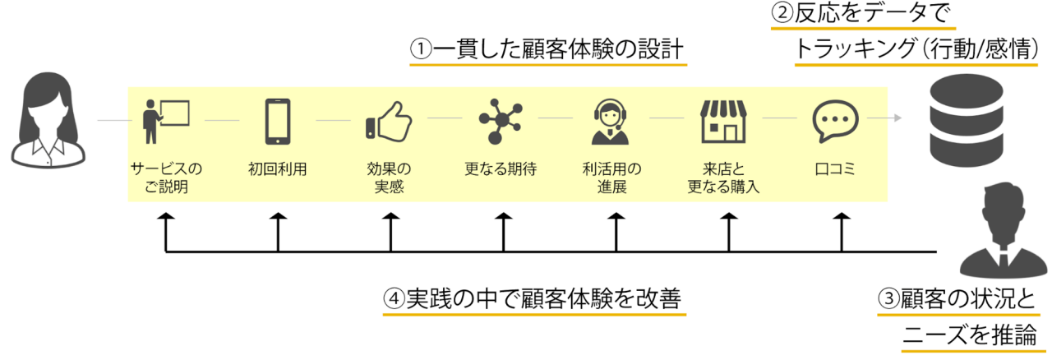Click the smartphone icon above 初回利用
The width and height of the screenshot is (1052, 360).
click(278, 122)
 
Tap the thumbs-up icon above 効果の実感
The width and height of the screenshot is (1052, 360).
click(389, 122)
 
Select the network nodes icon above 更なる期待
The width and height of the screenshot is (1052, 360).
click(501, 122)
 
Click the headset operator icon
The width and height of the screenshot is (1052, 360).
click(611, 122)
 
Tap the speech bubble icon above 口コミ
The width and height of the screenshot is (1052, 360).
click(835, 122)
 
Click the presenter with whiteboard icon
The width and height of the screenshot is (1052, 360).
click(166, 122)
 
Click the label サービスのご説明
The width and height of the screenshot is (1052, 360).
click(166, 178)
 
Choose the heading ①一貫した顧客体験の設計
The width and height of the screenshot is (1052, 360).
click(547, 49)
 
